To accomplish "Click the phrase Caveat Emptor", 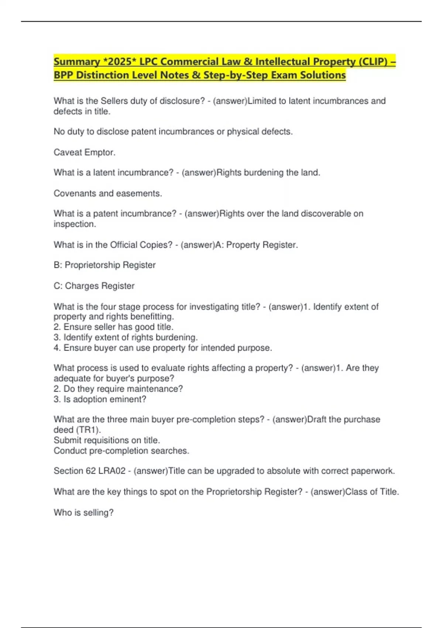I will (85, 152).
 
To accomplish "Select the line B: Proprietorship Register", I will (104, 265).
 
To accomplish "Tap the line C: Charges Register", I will (94, 286).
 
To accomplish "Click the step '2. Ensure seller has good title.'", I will (113, 327).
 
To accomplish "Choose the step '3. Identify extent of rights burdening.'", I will (126, 337).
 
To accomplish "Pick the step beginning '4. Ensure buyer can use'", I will (162, 348).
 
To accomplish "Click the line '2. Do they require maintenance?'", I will (118, 389).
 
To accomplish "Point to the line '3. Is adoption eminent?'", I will (100, 399).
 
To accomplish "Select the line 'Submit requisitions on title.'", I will (107, 440).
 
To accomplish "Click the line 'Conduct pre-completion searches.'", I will (121, 451).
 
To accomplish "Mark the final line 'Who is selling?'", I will (83, 512).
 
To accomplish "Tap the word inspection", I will (75, 224).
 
